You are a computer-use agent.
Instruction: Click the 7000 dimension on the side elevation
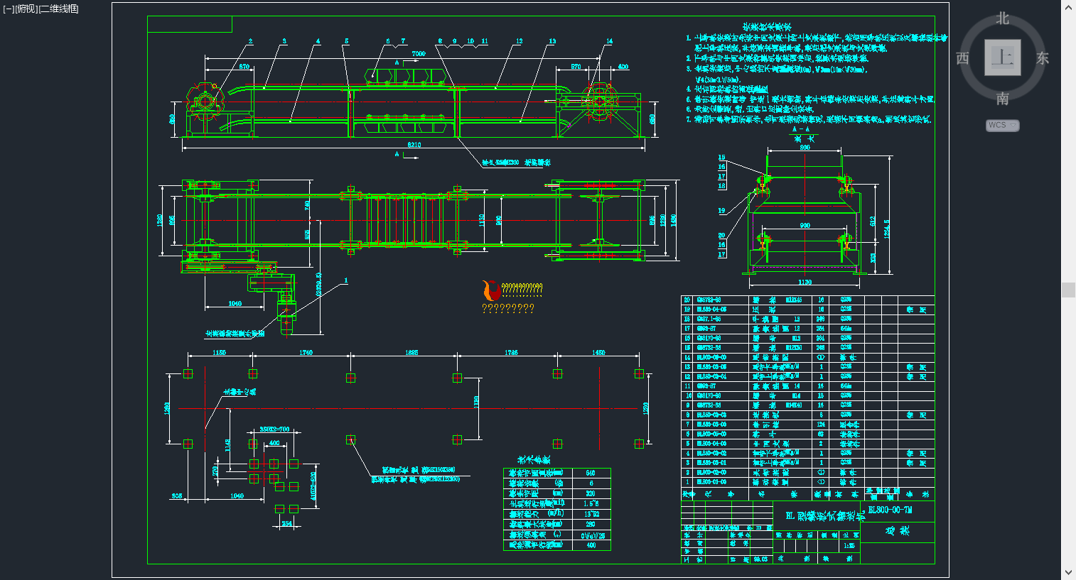(419, 54)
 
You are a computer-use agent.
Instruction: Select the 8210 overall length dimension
(414, 145)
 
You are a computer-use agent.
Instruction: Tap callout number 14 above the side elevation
(609, 41)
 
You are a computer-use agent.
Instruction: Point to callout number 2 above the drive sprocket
(250, 41)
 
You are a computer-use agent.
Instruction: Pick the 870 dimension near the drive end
(244, 67)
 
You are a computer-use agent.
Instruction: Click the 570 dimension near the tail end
(576, 67)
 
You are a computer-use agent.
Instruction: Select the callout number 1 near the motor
(346, 280)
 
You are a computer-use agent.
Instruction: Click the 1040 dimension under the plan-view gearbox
(235, 304)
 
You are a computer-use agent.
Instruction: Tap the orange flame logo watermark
(490, 290)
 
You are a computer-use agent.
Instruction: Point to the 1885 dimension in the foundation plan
(411, 352)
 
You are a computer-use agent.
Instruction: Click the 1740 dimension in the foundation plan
(306, 352)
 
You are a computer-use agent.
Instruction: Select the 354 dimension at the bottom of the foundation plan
(286, 524)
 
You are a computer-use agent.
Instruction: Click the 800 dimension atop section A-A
(805, 148)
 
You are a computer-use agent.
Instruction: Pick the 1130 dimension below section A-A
(805, 282)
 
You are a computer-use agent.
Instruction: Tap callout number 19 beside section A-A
(721, 211)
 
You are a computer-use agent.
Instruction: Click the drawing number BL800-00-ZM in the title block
(891, 510)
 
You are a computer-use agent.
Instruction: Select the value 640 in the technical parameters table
(591, 473)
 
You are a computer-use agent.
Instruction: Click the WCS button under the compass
(1002, 126)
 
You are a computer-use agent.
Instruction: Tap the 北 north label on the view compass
(1002, 18)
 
